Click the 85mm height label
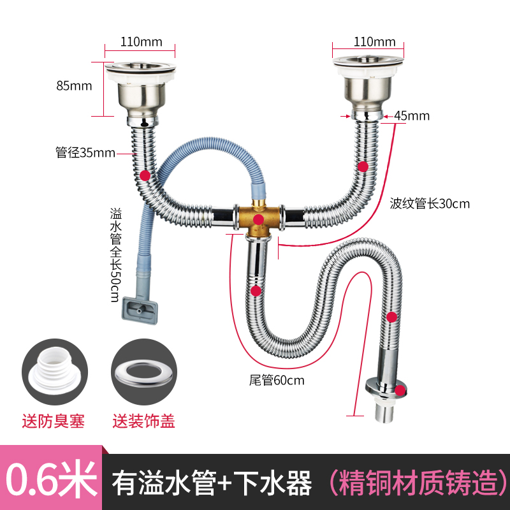tap(74, 85)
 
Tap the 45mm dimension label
tap(412, 116)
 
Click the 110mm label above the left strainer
tap(140, 42)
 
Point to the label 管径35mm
tap(85, 152)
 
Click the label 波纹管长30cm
tap(430, 204)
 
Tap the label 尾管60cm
tap(277, 381)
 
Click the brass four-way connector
tap(258, 219)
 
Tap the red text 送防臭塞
tap(54, 421)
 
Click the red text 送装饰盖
tap(143, 421)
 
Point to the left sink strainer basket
tap(140, 89)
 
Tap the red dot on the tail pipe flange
tap(400, 390)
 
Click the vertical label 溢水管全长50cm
tap(115, 254)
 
